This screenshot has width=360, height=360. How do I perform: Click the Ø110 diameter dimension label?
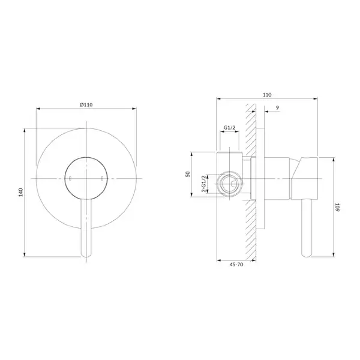click(x=86, y=104)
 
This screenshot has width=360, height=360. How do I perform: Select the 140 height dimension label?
click(x=21, y=192)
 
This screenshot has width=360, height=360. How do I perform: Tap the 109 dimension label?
click(x=337, y=207)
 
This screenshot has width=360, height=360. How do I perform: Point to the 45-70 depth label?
click(x=236, y=265)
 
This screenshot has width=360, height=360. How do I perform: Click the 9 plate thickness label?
click(x=278, y=107)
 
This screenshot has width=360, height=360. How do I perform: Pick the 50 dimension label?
click(x=188, y=174)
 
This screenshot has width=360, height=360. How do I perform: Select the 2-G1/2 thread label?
click(x=203, y=184)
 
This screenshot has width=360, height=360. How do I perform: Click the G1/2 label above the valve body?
click(x=230, y=128)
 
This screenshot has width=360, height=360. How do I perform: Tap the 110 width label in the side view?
click(x=267, y=95)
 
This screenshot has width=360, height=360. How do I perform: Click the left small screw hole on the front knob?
click(x=70, y=178)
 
